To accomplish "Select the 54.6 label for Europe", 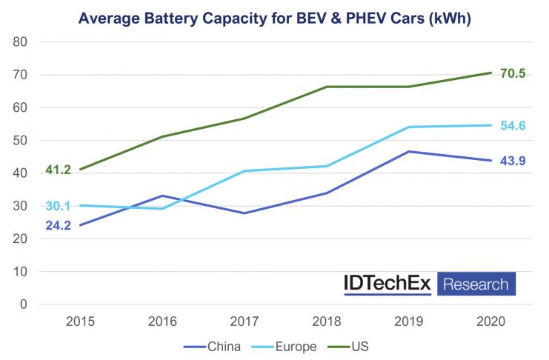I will pyautogui.click(x=513, y=126).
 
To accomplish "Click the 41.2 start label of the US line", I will pyautogui.click(x=58, y=170).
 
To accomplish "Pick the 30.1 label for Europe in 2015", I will pyautogui.click(x=58, y=206).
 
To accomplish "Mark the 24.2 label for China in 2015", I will pyautogui.click(x=58, y=225).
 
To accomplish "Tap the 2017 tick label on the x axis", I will pyautogui.click(x=244, y=321).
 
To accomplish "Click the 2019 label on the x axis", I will pyautogui.click(x=408, y=321).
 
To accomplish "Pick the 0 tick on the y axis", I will pyautogui.click(x=24, y=304).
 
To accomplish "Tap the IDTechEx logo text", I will pyautogui.click(x=387, y=284).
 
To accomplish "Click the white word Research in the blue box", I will pyautogui.click(x=475, y=284).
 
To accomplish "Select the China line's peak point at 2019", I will pyautogui.click(x=408, y=152).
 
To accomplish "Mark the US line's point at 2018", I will pyautogui.click(x=327, y=87).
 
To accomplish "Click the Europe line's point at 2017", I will pyautogui.click(x=244, y=171).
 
